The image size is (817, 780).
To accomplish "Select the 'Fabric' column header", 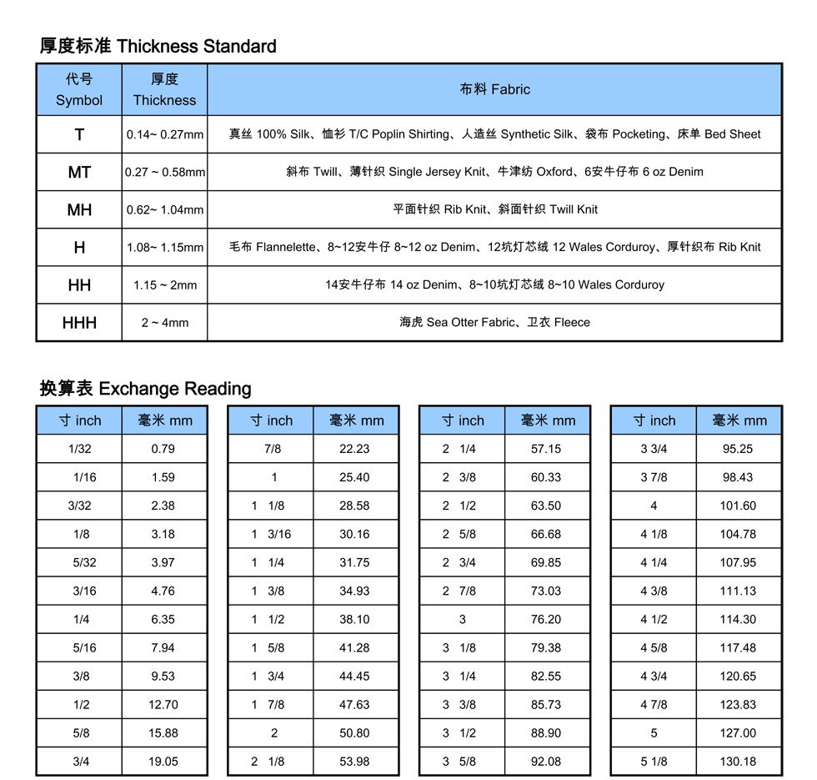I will pyautogui.click(x=494, y=89).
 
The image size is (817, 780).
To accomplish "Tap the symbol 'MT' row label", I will pyautogui.click(x=79, y=172).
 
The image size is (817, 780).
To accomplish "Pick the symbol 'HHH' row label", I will pyautogui.click(x=79, y=322).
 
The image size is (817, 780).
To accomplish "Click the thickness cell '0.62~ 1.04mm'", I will pyautogui.click(x=165, y=209).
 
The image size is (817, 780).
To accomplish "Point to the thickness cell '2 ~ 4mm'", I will pyautogui.click(x=165, y=322).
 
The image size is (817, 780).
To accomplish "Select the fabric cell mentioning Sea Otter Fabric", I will pyautogui.click(x=494, y=322).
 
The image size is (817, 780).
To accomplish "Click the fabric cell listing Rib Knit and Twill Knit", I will pyautogui.click(x=494, y=209).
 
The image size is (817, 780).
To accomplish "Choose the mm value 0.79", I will pyautogui.click(x=163, y=449).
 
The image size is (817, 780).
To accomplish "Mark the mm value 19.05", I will pyautogui.click(x=163, y=761).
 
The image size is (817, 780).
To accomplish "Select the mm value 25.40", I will pyautogui.click(x=354, y=477).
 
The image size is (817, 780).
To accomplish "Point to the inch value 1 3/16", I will pyautogui.click(x=272, y=534).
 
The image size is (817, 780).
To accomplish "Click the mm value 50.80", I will pyautogui.click(x=354, y=732).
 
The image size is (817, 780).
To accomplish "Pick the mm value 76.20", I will pyautogui.click(x=546, y=619).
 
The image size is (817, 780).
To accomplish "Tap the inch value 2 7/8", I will pyautogui.click(x=459, y=591).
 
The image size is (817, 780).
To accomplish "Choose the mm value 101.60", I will pyautogui.click(x=738, y=506).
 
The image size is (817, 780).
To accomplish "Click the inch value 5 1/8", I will pyautogui.click(x=654, y=761).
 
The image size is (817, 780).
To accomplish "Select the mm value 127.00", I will pyautogui.click(x=738, y=732).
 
